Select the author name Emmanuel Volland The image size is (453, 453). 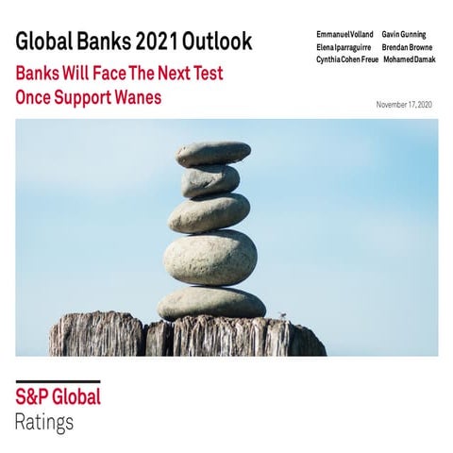pos(345,35)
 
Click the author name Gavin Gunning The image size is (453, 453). pos(404,35)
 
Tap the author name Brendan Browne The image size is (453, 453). pos(407,47)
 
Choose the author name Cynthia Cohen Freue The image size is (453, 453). pos(347,59)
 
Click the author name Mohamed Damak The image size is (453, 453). pos(409,59)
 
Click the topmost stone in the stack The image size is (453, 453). pos(213,153)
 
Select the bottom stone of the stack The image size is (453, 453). pos(211,303)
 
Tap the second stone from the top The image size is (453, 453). pos(210,180)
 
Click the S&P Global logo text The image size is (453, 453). pos(57,396)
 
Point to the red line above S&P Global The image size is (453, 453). pos(57,380)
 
